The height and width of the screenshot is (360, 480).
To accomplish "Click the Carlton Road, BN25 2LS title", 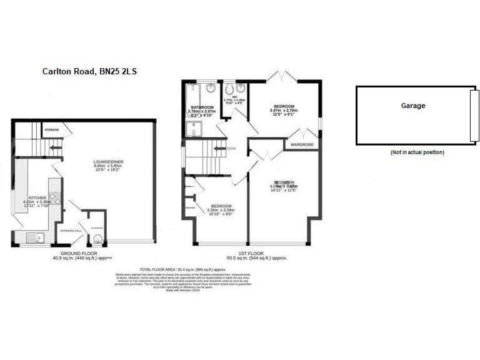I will pyautogui.click(x=89, y=72).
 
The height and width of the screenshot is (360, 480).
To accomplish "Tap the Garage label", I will pyautogui.click(x=413, y=106).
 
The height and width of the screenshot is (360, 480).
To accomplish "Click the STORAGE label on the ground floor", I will pyautogui.click(x=52, y=130).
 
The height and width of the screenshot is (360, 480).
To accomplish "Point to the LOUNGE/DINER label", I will pyautogui.click(x=108, y=162).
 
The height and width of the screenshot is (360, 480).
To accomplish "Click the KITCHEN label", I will pyautogui.click(x=37, y=197).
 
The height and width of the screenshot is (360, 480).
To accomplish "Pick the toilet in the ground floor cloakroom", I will pyautogui.click(x=97, y=236).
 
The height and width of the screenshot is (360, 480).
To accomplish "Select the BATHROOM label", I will pyautogui.click(x=202, y=107).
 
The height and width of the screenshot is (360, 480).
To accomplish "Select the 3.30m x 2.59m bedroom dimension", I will pyautogui.click(x=221, y=210).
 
